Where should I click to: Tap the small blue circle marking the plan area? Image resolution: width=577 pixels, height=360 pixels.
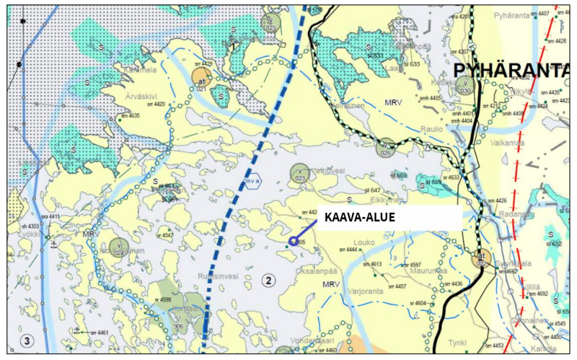pos(293,242)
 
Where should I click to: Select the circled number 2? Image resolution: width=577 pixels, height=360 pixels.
pos(269,280)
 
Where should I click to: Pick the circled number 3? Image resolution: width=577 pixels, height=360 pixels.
pos(27,341)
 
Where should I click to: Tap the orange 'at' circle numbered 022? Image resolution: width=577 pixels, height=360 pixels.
pos(480,258)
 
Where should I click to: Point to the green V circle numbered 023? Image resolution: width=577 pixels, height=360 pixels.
pos(300,173)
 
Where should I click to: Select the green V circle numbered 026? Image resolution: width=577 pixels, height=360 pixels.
pos(385,148)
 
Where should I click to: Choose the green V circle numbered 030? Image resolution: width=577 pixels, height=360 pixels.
pos(466,87)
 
